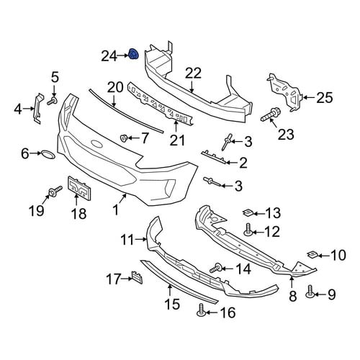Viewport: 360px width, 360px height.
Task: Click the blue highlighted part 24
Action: [133, 54]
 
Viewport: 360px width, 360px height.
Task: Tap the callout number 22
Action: [194, 73]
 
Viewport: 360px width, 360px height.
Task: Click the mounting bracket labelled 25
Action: [285, 92]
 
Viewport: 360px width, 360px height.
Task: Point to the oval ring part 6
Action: [48, 155]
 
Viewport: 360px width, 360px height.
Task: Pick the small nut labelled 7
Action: [123, 138]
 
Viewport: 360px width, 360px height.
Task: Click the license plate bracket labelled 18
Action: [79, 189]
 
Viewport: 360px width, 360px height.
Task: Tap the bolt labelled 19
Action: [55, 191]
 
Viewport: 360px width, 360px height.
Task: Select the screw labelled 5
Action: [52, 101]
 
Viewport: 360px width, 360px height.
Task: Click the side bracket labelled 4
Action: [37, 108]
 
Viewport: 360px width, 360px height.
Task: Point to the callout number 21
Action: [177, 140]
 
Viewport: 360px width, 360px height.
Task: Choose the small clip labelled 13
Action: [247, 212]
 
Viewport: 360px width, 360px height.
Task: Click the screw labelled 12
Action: [248, 229]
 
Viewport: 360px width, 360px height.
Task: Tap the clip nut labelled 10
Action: [312, 255]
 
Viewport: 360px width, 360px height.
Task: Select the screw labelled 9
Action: [310, 291]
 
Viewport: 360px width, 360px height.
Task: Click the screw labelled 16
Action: [201, 310]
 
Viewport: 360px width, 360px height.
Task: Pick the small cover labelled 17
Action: [137, 277]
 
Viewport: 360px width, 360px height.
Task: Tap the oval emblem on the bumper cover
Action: [96, 143]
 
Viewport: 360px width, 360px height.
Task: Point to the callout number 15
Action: [173, 304]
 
